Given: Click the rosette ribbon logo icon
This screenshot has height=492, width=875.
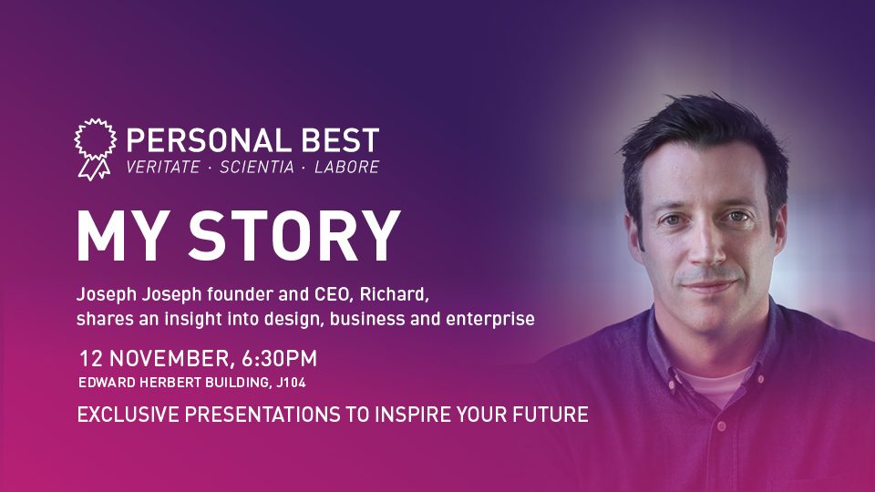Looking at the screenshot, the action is (x=96, y=149).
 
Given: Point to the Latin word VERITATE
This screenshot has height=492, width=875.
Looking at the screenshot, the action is (x=163, y=167).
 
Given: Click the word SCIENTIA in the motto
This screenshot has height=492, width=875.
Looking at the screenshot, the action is (x=257, y=167).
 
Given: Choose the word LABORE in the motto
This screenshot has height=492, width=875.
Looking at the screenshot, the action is (x=347, y=167).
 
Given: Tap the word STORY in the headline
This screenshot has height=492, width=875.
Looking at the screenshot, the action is (x=294, y=235).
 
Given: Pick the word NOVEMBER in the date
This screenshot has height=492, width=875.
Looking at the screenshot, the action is (x=170, y=359).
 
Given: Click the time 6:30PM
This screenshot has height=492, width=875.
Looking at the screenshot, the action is (x=279, y=358).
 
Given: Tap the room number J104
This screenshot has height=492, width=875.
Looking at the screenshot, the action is (x=291, y=383).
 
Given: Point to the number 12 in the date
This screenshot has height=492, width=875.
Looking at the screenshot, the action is (x=91, y=359).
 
